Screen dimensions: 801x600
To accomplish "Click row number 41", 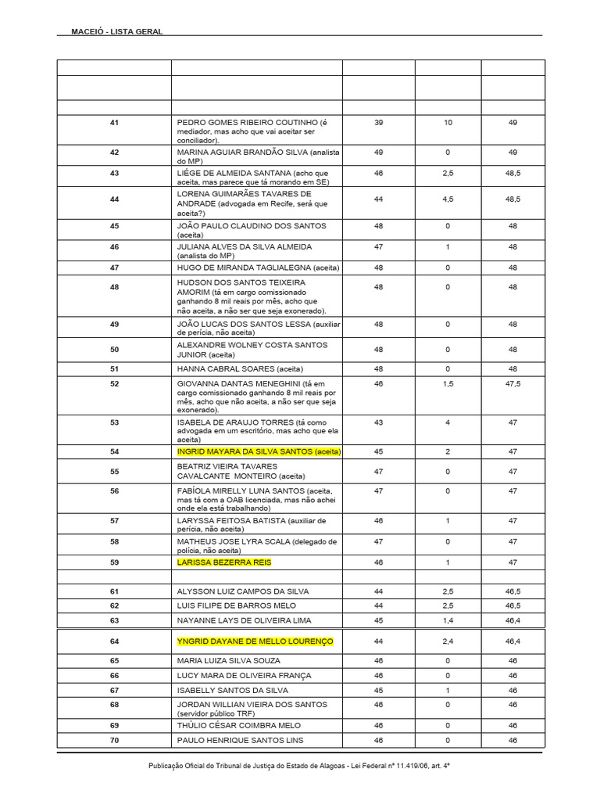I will [114, 123].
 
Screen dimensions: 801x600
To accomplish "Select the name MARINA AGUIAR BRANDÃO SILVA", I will [243, 152].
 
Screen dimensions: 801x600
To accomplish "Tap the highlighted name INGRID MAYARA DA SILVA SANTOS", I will [245, 452].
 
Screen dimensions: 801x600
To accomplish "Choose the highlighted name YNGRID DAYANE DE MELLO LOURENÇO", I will [255, 641].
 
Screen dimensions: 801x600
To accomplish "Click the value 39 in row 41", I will [378, 123].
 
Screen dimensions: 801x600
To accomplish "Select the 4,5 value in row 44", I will [447, 199].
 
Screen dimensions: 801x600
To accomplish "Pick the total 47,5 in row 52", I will [512, 384].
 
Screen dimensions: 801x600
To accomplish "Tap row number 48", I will [114, 287].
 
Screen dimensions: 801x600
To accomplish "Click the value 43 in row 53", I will [378, 422].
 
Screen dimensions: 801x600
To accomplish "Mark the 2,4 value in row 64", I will [447, 641].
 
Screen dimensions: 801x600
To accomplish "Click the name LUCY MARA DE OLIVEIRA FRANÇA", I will [244, 675].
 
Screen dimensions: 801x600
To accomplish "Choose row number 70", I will [114, 739].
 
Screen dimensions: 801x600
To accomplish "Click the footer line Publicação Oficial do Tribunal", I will [299, 767].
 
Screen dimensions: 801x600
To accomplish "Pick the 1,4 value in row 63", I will [447, 620].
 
